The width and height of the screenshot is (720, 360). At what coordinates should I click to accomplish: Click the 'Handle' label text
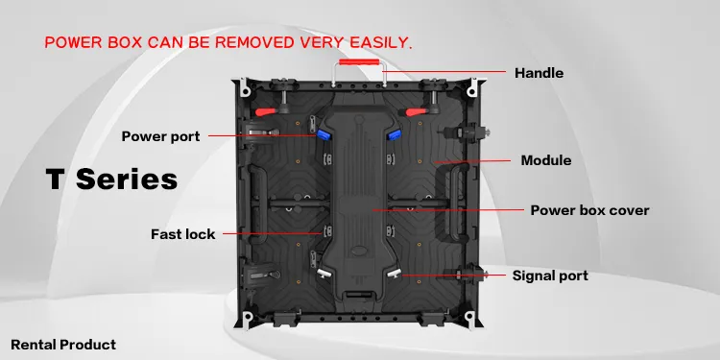pyautogui.click(x=539, y=73)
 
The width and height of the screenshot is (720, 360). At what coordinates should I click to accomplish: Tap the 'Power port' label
pyautogui.click(x=160, y=136)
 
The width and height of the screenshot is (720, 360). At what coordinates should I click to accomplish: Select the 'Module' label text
pyautogui.click(x=545, y=160)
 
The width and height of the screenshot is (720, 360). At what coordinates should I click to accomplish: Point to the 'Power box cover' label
pyautogui.click(x=589, y=210)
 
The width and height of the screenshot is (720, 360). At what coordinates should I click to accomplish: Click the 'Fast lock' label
pyautogui.click(x=182, y=233)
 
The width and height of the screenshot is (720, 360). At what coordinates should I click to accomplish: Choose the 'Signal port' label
pyautogui.click(x=549, y=276)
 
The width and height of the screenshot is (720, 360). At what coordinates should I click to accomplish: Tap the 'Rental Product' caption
pyautogui.click(x=63, y=344)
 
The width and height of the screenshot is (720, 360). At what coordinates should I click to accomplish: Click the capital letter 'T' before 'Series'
pyautogui.click(x=56, y=179)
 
